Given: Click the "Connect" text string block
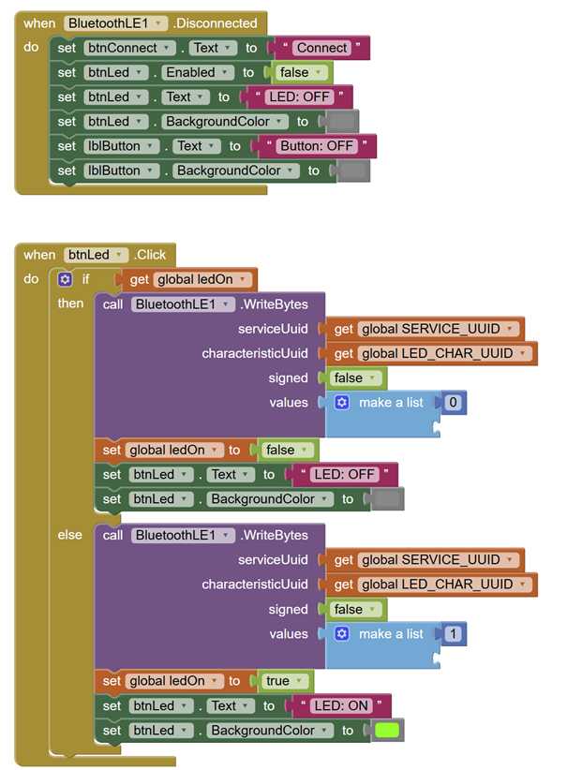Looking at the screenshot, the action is [321, 48].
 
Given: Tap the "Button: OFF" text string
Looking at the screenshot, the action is [317, 146].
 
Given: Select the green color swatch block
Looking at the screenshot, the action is [387, 731].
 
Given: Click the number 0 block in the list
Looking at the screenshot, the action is [453, 402].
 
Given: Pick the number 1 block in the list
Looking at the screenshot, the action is [453, 633].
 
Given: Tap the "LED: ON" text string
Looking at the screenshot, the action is [341, 705].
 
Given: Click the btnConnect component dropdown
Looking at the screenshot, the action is [129, 48].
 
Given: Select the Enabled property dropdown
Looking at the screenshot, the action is [197, 72].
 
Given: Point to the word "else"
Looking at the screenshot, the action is [69, 534].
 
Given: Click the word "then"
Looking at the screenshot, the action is [70, 303].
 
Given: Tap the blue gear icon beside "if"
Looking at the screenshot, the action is [65, 279].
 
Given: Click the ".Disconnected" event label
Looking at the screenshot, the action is [215, 23].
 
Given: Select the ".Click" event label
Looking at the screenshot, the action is [150, 255].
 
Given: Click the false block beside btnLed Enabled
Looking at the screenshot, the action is [299, 72].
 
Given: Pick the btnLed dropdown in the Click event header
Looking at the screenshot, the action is [96, 255].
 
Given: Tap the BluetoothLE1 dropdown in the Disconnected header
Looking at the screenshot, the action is [115, 23].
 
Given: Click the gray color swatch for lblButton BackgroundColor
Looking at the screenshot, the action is [353, 170].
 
